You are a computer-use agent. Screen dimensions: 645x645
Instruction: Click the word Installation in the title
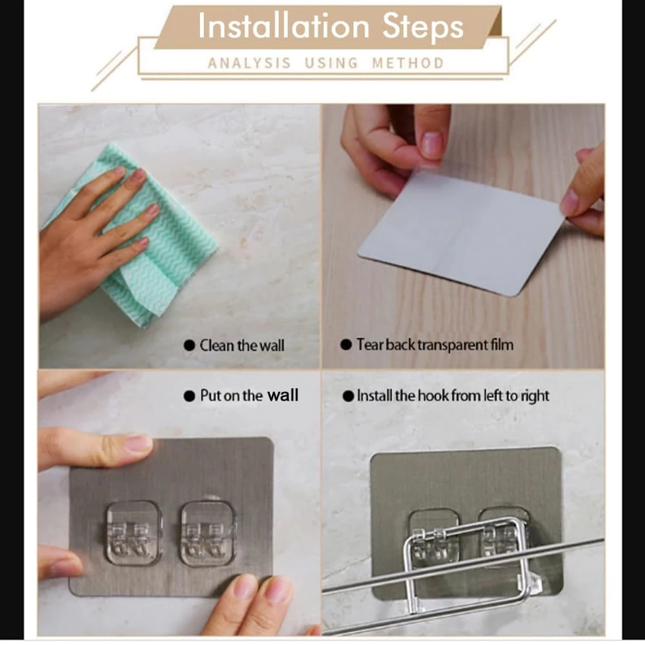[284, 26]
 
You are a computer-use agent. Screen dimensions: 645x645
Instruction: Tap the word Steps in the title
[423, 28]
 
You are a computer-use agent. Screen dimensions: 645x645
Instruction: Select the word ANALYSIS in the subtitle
[249, 63]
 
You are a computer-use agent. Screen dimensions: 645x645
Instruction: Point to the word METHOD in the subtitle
[408, 63]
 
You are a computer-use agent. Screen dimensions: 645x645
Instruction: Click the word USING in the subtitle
[331, 63]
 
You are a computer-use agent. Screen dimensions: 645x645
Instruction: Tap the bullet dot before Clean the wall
[189, 345]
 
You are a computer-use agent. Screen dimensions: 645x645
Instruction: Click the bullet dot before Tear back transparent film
[346, 344]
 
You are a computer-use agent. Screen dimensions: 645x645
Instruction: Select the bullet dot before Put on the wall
[189, 396]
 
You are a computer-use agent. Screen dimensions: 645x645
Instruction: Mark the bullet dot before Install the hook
[348, 396]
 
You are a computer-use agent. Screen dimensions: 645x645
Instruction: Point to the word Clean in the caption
[217, 345]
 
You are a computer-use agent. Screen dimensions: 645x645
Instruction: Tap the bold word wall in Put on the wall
[283, 395]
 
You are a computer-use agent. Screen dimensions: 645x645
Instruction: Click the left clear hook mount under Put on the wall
[134, 533]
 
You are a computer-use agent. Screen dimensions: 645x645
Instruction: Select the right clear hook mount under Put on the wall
[209, 533]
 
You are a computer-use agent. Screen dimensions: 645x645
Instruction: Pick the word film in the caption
[502, 344]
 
